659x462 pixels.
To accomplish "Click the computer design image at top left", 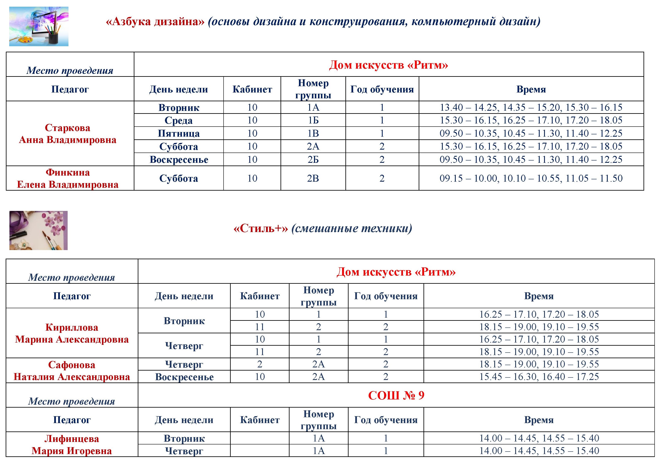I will click(x=39, y=26).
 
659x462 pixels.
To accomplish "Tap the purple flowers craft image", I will click(x=39, y=230).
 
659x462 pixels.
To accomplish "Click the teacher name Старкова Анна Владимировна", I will click(x=68, y=134).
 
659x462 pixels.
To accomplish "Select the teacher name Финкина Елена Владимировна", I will click(x=68, y=178).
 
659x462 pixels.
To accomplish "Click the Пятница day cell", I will click(x=179, y=133).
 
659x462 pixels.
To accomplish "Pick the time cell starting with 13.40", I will click(x=531, y=107).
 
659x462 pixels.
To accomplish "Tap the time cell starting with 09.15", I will click(x=531, y=178).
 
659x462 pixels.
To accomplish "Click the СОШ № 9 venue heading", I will click(x=396, y=395).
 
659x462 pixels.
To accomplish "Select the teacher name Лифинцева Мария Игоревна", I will click(x=71, y=444).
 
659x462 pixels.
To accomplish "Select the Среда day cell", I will click(x=179, y=121).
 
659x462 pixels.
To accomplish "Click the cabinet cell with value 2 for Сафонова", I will click(x=260, y=364).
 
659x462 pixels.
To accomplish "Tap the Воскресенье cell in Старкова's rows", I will click(x=179, y=160).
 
